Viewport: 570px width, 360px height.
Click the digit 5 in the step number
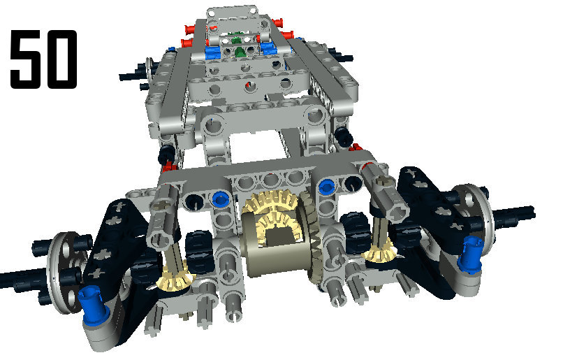[x=27, y=59]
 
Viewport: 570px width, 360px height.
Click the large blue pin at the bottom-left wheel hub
[x=94, y=304]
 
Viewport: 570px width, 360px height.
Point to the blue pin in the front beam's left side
[x=220, y=199]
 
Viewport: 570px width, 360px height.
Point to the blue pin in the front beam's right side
[x=326, y=187]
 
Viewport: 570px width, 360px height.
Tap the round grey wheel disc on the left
[x=63, y=272]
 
